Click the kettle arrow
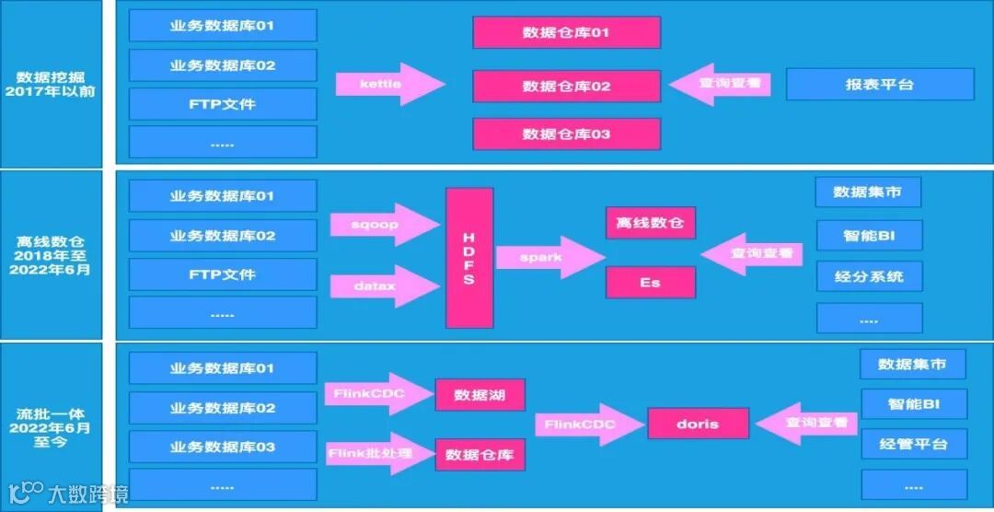click(387, 85)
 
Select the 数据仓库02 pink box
click(566, 86)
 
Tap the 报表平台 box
click(879, 85)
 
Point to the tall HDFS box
click(468, 258)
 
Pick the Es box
click(650, 283)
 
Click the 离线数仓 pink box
click(650, 223)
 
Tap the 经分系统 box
click(868, 276)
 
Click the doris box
click(697, 425)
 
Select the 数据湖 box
click(479, 394)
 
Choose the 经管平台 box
click(913, 444)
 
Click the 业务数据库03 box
click(222, 447)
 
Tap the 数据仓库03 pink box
click(566, 134)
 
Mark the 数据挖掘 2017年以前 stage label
click(55, 85)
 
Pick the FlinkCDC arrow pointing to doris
click(587, 425)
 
